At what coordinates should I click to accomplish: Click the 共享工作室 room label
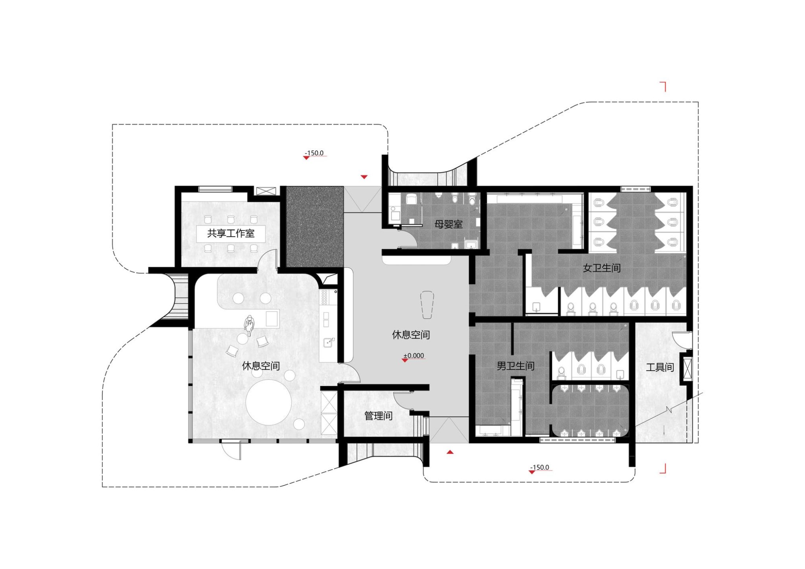[231, 233]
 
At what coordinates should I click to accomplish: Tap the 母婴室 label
[448, 224]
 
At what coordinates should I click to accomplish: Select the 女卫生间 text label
[602, 268]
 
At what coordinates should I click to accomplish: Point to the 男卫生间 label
[515, 366]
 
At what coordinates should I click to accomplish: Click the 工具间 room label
[660, 367]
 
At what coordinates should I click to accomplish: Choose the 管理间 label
[378, 416]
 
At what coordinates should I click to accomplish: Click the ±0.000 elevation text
[414, 356]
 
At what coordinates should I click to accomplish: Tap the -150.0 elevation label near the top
[314, 153]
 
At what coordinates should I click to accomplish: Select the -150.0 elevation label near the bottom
[540, 467]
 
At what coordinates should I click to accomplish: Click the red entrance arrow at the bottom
[450, 452]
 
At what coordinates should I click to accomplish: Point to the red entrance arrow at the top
[364, 177]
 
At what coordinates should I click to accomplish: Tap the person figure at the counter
[249, 325]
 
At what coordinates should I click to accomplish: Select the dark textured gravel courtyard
[314, 227]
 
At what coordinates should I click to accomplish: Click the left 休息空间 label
[261, 366]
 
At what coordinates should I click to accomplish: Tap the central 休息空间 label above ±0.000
[411, 335]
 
